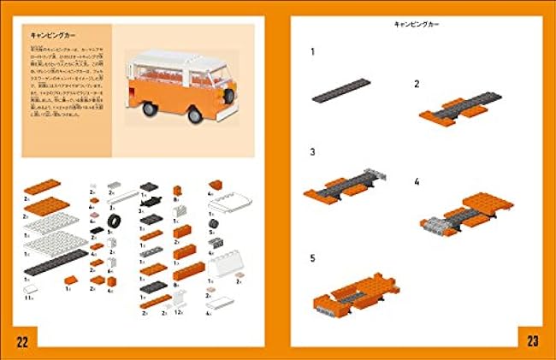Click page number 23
click(x=532, y=343)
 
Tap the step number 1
click(x=313, y=52)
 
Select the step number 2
click(x=417, y=84)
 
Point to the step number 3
click(x=313, y=152)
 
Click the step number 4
click(x=417, y=182)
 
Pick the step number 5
click(x=313, y=257)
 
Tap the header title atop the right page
click(x=417, y=26)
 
